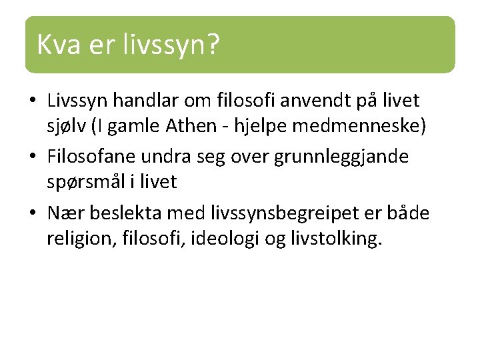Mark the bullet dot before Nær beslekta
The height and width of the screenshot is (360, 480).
[33, 214]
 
